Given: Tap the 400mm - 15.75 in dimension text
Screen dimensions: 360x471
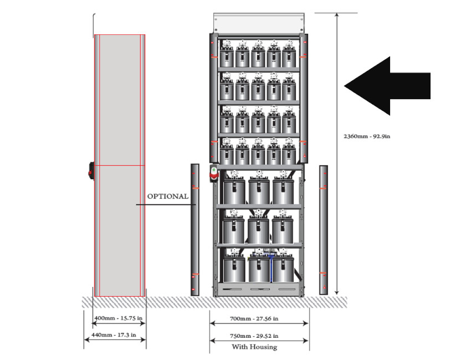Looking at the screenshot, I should (x=118, y=319).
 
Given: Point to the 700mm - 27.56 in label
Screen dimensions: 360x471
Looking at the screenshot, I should (x=259, y=319).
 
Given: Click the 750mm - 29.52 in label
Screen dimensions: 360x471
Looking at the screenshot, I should (x=259, y=336).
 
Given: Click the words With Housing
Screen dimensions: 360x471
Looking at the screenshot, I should (x=259, y=347).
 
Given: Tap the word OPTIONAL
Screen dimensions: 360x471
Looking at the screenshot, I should (x=167, y=197).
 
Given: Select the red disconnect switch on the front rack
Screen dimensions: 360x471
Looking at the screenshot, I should (x=213, y=174).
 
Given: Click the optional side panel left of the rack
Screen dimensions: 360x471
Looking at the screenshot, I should (x=194, y=229).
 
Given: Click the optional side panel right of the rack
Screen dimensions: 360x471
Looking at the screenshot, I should (x=324, y=229).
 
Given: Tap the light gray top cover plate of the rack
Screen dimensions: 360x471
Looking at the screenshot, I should (x=259, y=22).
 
